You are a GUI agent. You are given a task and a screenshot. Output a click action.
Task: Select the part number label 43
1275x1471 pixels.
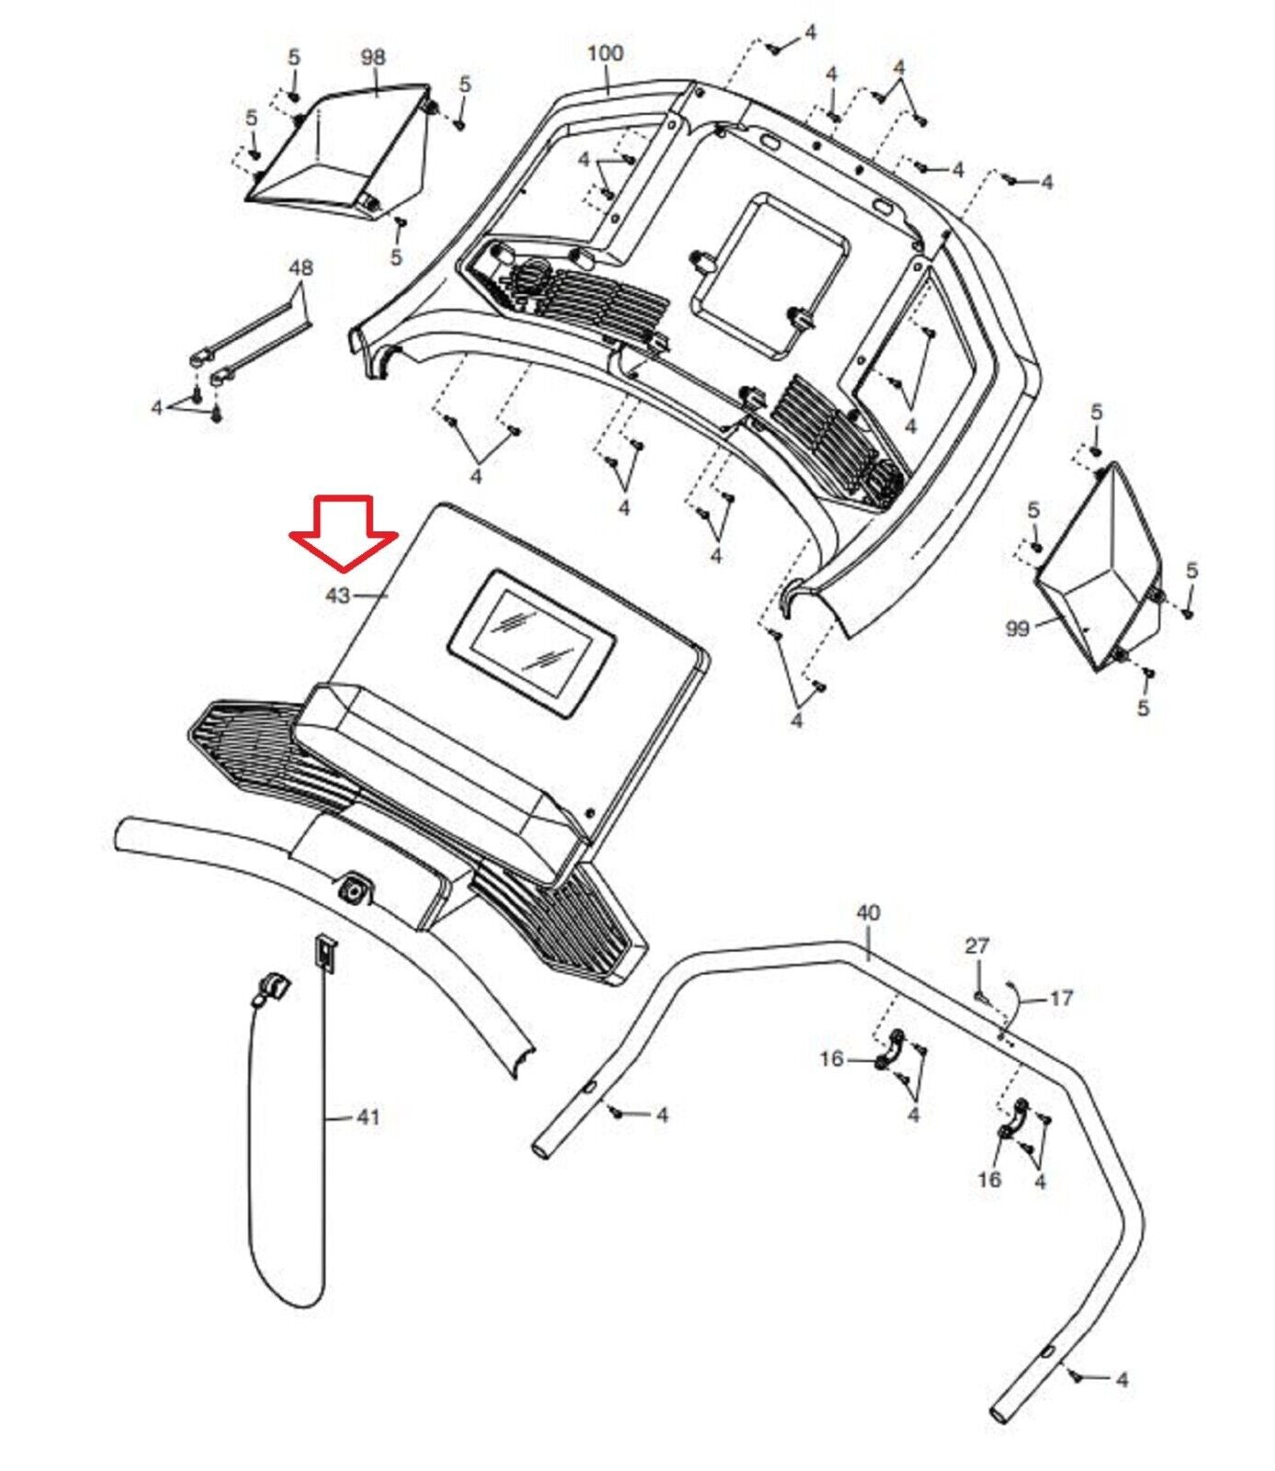337,596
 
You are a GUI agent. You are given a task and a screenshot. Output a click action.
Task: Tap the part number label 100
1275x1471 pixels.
605,53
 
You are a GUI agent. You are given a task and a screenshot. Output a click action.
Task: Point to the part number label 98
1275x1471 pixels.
372,57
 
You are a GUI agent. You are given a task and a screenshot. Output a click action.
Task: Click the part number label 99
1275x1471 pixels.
1018,629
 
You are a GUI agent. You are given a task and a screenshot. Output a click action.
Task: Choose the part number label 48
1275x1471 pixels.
301,268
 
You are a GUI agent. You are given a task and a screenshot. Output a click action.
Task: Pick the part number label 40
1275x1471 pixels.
868,913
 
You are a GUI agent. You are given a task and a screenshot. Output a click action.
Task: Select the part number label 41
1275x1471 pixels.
368,1118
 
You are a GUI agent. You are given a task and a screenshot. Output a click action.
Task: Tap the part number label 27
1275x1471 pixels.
977,945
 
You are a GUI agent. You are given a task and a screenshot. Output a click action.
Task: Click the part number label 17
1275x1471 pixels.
1061,998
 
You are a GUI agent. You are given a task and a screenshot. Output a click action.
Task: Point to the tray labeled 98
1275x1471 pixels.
340,152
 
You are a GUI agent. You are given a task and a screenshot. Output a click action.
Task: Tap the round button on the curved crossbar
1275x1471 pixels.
352,889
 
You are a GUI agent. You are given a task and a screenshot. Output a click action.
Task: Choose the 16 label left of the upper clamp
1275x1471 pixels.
831,1060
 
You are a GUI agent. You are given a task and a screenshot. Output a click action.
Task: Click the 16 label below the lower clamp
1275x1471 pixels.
989,1179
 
